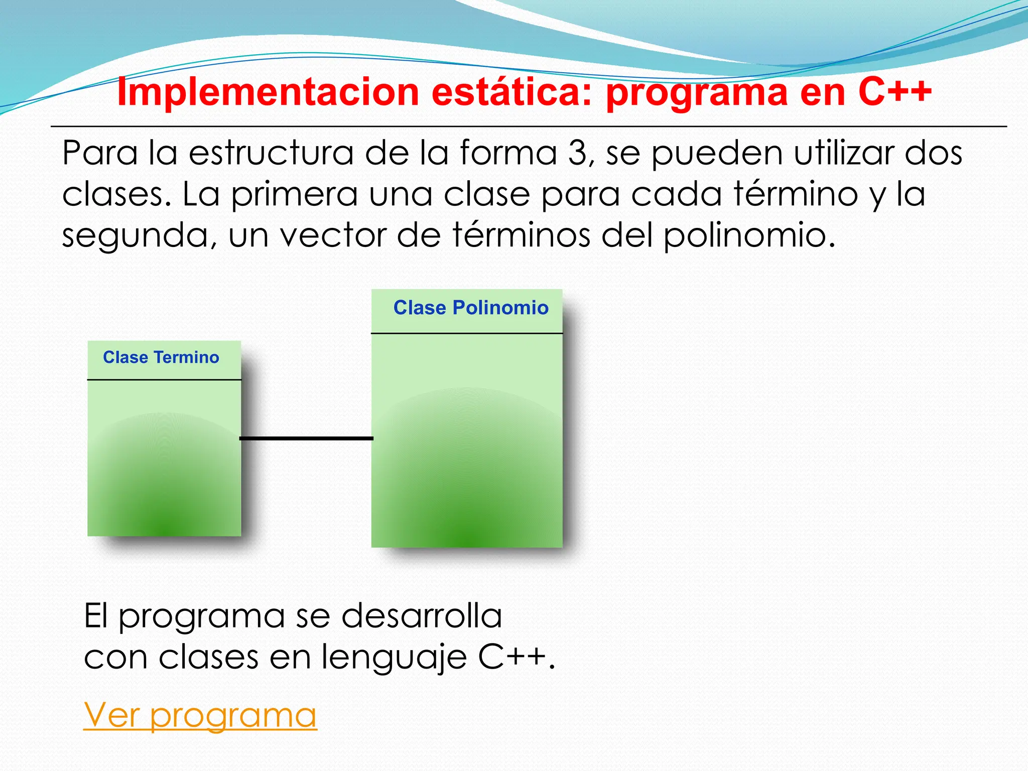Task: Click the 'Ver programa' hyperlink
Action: click(x=200, y=715)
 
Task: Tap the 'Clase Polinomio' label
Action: click(x=470, y=308)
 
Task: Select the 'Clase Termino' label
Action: click(x=161, y=357)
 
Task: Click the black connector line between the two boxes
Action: click(x=306, y=439)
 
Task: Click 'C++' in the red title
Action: click(x=894, y=92)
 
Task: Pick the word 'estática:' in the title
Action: click(x=512, y=92)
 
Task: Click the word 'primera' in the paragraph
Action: click(x=294, y=194)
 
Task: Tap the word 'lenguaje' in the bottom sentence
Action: click(x=394, y=657)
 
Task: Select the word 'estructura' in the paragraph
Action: click(x=271, y=153)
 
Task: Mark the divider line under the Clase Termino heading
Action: click(x=164, y=380)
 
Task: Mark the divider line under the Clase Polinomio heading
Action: click(x=467, y=333)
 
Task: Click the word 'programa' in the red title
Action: click(x=697, y=93)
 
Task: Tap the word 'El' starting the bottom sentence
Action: click(x=96, y=616)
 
